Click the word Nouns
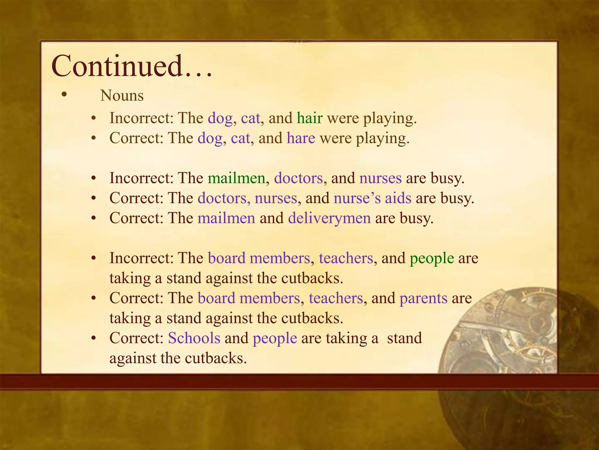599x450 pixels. (x=122, y=96)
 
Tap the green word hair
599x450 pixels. (x=310, y=118)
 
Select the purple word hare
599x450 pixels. (x=301, y=138)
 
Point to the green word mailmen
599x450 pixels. (x=236, y=178)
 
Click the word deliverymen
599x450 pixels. (x=329, y=218)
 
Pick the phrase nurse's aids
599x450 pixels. (x=372, y=198)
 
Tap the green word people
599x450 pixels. (x=432, y=258)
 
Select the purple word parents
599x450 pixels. (x=423, y=298)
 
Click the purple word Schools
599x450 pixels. (x=194, y=338)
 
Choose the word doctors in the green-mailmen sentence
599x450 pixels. (x=298, y=178)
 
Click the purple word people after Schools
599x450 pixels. (x=275, y=338)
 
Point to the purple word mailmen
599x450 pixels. (x=226, y=218)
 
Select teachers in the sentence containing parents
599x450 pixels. (x=336, y=298)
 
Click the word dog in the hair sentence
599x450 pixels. (x=220, y=118)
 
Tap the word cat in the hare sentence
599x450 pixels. (x=240, y=138)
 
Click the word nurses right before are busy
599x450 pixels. (x=380, y=178)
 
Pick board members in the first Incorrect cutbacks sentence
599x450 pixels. (x=259, y=258)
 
